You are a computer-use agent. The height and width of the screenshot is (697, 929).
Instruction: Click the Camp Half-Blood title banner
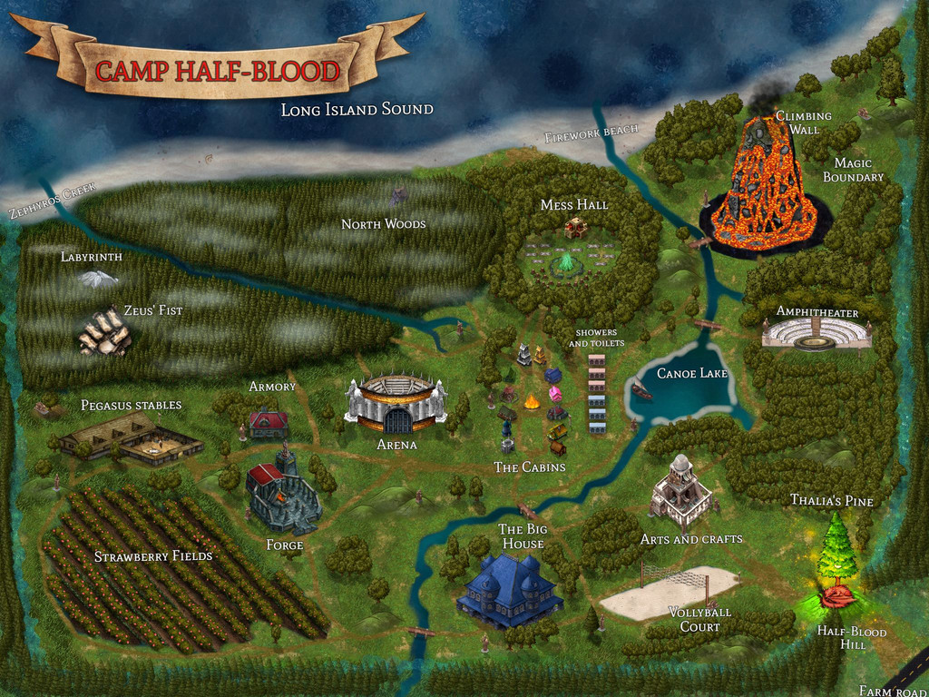click(217, 70)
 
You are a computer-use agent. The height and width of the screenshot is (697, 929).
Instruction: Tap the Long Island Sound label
click(357, 110)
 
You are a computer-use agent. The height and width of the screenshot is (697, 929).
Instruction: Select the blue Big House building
click(510, 590)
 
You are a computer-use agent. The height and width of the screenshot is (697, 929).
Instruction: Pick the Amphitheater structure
click(816, 335)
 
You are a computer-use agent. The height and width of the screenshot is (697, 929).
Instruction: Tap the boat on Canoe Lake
click(641, 390)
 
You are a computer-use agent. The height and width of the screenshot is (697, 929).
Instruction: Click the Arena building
click(396, 403)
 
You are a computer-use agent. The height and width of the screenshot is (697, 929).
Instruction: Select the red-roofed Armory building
click(269, 422)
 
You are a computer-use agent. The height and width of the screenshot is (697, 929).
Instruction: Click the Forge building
click(282, 495)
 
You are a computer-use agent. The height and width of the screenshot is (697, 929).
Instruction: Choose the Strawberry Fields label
click(152, 555)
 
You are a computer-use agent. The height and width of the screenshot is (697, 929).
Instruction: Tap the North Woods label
click(383, 223)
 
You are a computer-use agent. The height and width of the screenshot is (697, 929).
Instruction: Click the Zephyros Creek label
click(53, 200)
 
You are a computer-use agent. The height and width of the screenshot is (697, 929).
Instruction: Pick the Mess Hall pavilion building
click(575, 228)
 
